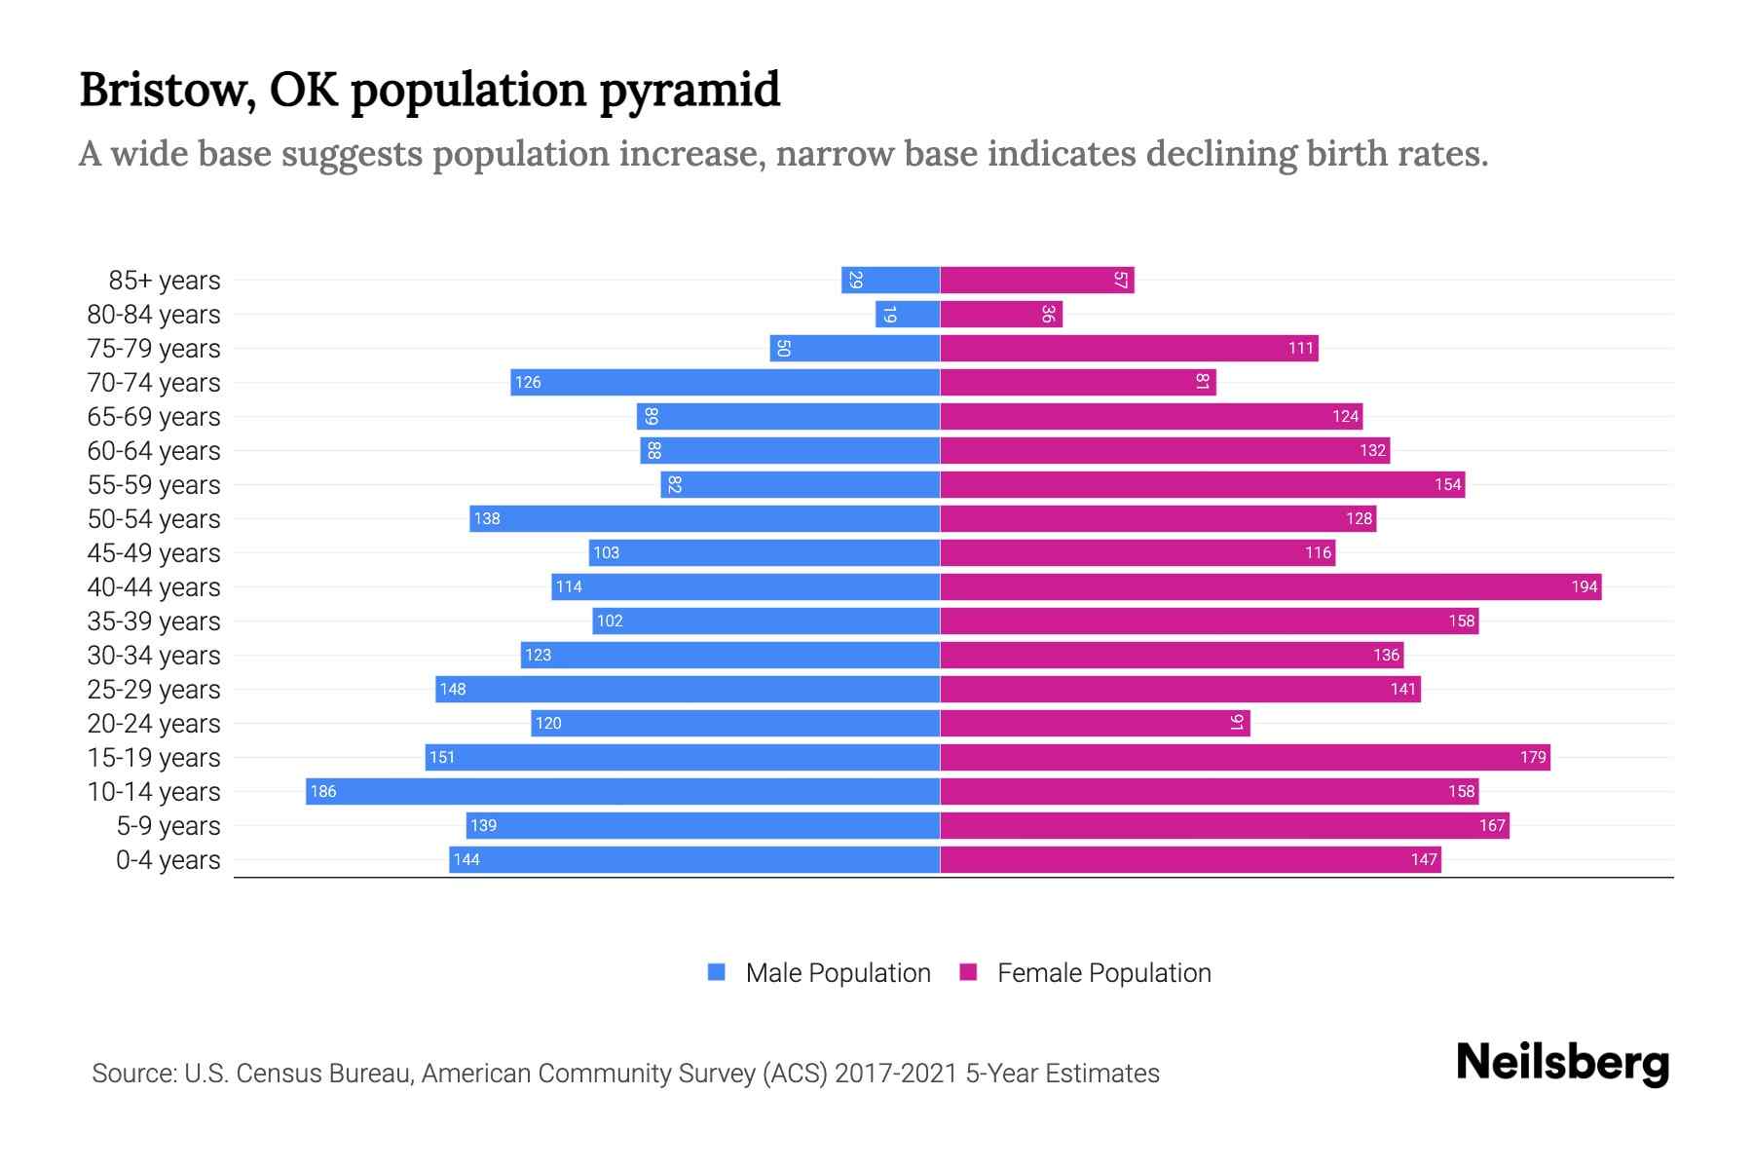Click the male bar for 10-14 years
click(x=623, y=791)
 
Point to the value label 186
click(x=323, y=791)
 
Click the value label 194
click(x=1584, y=586)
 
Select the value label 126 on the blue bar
click(x=528, y=382)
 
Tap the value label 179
click(x=1533, y=757)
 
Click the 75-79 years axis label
click(x=154, y=349)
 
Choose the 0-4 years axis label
click(x=168, y=860)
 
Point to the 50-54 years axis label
click(x=154, y=519)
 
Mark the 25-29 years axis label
click(x=154, y=690)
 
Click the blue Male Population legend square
click(x=717, y=972)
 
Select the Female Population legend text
click(x=1103, y=972)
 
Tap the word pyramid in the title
click(x=690, y=90)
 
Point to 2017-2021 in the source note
click(x=896, y=1074)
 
